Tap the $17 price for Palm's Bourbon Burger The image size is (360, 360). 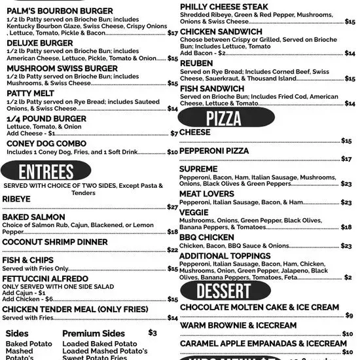(x=173, y=33)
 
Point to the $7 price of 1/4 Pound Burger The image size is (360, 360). (x=174, y=134)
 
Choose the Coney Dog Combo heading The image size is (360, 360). (x=46, y=143)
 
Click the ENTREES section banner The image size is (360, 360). (x=46, y=171)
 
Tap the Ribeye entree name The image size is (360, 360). (x=16, y=198)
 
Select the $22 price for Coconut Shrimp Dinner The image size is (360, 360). (x=173, y=250)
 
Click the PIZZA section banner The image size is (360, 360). (x=225, y=118)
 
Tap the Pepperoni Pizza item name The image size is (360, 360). (x=214, y=151)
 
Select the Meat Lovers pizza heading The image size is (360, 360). (x=207, y=194)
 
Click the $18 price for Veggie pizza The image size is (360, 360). (x=346, y=228)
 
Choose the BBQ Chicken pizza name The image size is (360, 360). (x=207, y=238)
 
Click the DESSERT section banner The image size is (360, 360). (x=225, y=291)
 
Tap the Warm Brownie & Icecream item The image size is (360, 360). (x=238, y=325)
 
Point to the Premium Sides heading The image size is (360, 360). (x=94, y=333)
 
